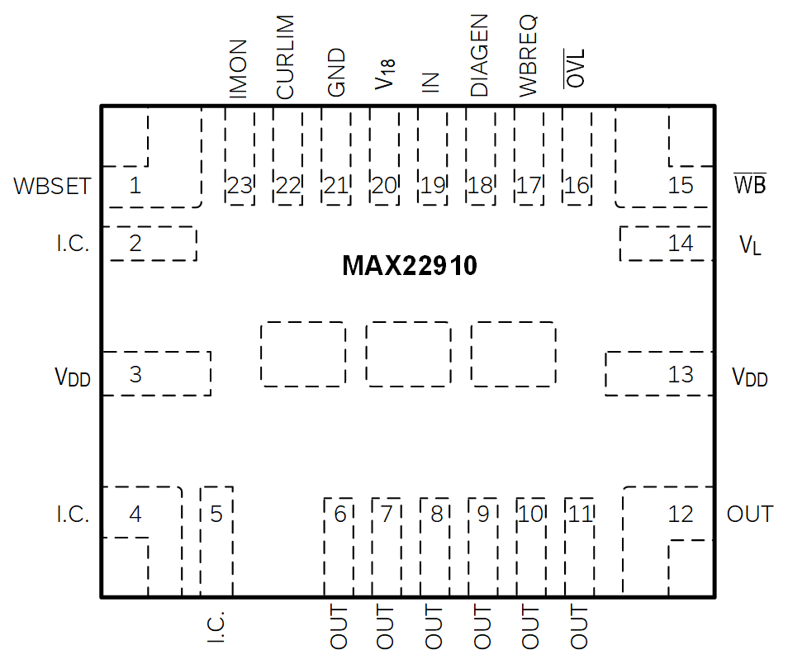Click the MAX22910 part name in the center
[x=409, y=265]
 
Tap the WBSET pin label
[x=52, y=186]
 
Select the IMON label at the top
[x=238, y=69]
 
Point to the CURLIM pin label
[x=285, y=57]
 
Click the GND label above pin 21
[x=336, y=72]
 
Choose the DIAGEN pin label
[x=479, y=55]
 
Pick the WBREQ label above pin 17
[x=528, y=56]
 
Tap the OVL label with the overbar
[x=574, y=69]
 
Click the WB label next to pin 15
[x=750, y=184]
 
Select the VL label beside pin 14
[x=750, y=245]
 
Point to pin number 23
[x=240, y=186]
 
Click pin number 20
[x=384, y=186]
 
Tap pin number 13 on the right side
[x=681, y=374]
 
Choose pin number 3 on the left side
[x=135, y=374]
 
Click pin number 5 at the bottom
[x=216, y=514]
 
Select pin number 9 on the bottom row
[x=483, y=514]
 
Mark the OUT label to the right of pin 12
[x=750, y=514]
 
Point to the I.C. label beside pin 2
[x=73, y=244]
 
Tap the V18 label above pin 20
[x=385, y=74]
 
